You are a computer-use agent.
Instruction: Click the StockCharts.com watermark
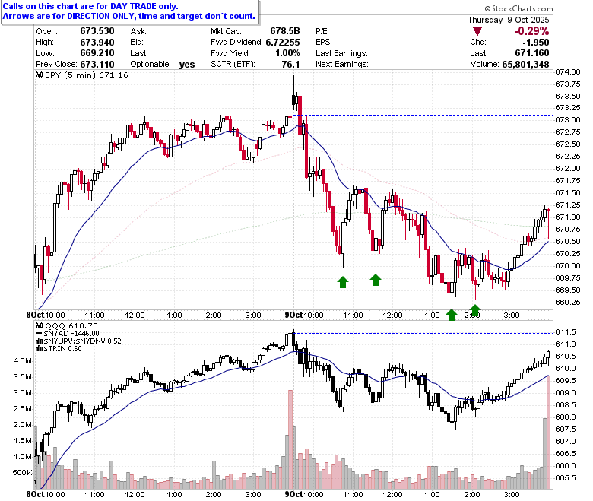tap(518, 8)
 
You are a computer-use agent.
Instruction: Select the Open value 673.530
tap(97, 31)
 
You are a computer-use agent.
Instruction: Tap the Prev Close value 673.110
tap(97, 65)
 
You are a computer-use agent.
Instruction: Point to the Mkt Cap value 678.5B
tap(285, 31)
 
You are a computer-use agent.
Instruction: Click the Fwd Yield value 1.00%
tap(287, 53)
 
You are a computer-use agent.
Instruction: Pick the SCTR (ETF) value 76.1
tap(290, 65)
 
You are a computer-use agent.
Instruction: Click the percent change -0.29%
tap(531, 31)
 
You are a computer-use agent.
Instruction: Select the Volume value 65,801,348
tap(525, 65)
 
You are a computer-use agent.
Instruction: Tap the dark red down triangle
tap(477, 31)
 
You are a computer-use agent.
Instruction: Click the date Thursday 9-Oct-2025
tap(509, 20)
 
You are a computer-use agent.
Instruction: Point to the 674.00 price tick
tap(568, 71)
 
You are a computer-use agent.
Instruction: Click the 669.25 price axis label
tap(568, 302)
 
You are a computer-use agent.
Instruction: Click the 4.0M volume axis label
tap(23, 360)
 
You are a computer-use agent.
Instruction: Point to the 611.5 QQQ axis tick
tap(566, 332)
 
